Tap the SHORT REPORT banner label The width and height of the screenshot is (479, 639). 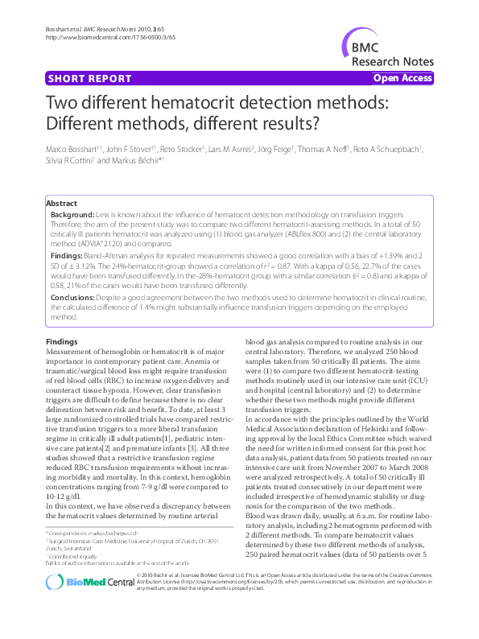[89, 79]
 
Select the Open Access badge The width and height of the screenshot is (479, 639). [403, 78]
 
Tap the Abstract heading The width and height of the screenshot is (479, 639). [62, 204]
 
